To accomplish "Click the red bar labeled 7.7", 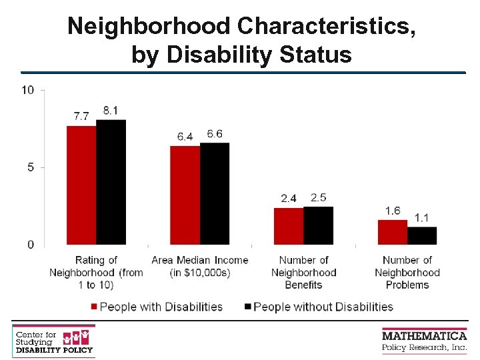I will [81, 185].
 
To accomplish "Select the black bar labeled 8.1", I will [111, 182].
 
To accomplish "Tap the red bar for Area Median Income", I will [185, 195].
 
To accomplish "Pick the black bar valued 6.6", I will [215, 193].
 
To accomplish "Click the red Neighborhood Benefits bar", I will [289, 226].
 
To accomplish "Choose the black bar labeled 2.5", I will [318, 225].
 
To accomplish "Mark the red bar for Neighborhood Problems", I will [392, 232].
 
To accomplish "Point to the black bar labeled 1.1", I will [422, 235].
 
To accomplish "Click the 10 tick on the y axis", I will [28, 90].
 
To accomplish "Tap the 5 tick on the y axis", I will [31, 167].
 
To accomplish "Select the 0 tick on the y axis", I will [31, 245].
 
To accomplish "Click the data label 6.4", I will [185, 137].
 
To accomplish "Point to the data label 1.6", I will [393, 211].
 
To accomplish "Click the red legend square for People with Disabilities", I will [94, 307].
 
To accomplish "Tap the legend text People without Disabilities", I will [323, 307].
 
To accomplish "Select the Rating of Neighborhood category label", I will [96, 272].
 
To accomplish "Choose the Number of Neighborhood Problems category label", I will [407, 272].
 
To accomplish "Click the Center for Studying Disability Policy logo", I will [54, 341].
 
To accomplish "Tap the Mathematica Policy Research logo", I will [424, 339].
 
